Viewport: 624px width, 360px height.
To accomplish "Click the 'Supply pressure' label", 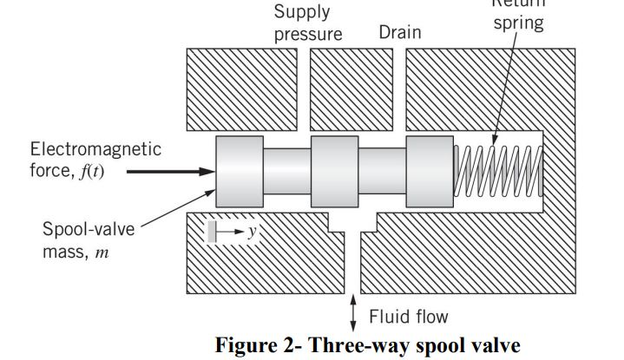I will coord(308,23).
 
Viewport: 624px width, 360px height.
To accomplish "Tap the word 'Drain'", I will coord(399,33).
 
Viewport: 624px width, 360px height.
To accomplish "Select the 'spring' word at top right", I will coord(518,23).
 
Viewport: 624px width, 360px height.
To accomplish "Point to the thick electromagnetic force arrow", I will coord(170,172).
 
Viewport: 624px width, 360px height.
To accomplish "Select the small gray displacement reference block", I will coord(212,231).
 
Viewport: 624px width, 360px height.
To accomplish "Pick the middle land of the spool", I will coord(334,172).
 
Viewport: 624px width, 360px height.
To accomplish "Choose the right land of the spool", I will coord(430,172).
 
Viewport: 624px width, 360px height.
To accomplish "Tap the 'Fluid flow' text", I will coord(409,317).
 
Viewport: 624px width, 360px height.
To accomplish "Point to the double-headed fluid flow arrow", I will coord(353,313).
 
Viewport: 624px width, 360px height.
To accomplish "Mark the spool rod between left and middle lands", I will coord(286,172).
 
